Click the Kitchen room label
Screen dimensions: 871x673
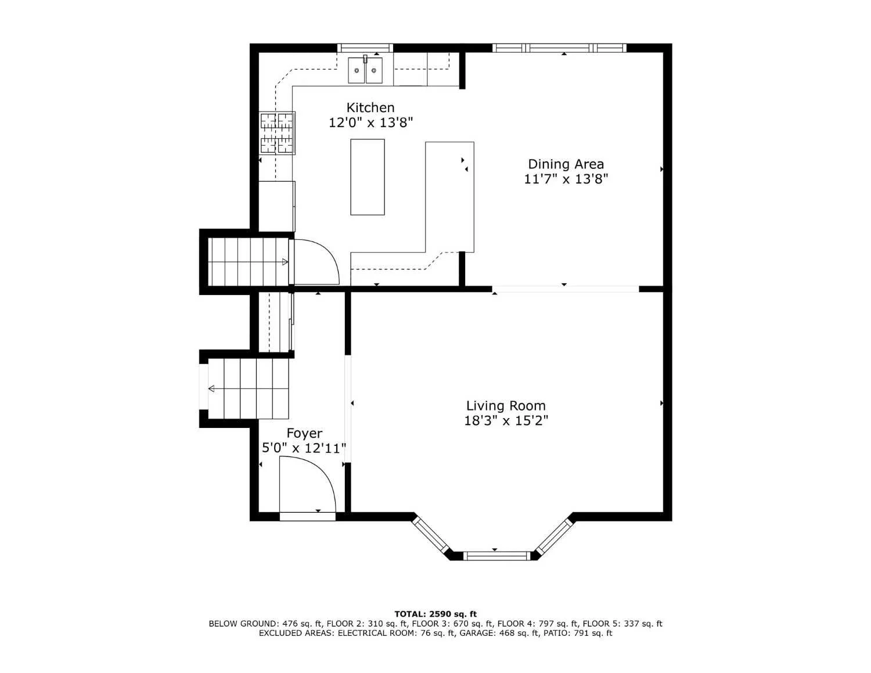[370, 107]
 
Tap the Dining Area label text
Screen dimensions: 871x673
[566, 164]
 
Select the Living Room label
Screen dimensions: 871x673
[506, 406]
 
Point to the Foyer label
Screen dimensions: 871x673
[304, 433]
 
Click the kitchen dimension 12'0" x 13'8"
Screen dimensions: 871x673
[371, 123]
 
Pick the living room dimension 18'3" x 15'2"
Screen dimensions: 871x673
[506, 421]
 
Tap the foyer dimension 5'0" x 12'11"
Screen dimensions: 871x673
[304, 448]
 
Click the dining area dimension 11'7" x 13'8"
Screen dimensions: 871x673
[566, 179]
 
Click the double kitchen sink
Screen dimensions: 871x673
[365, 70]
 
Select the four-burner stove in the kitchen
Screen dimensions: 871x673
[277, 133]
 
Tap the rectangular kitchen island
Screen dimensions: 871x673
[368, 177]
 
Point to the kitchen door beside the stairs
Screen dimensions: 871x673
[316, 262]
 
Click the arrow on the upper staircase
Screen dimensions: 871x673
[284, 262]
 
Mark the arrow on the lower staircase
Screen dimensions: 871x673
[211, 388]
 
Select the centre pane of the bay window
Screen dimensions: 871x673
[496, 556]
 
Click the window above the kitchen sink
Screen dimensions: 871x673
[365, 48]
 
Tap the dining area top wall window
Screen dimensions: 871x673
[559, 48]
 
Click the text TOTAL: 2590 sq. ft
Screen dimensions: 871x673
[435, 614]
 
